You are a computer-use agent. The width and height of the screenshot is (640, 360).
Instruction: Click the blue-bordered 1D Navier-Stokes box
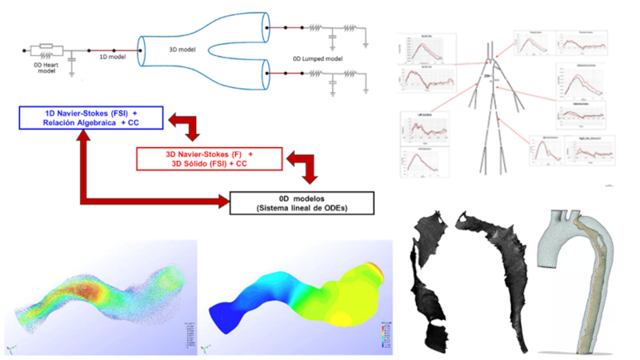point(90,119)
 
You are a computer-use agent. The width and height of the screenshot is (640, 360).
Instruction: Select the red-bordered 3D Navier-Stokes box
point(210,158)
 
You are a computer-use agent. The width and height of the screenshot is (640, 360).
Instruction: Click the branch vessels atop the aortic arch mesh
point(564,215)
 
